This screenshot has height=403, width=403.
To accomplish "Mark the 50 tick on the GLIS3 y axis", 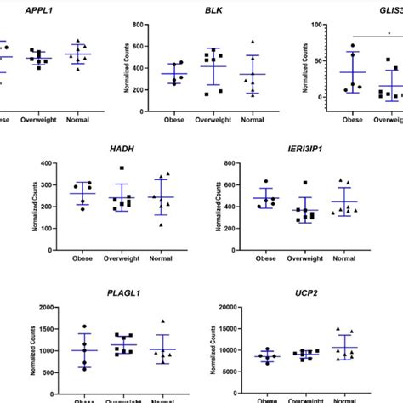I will coord(315,61).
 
